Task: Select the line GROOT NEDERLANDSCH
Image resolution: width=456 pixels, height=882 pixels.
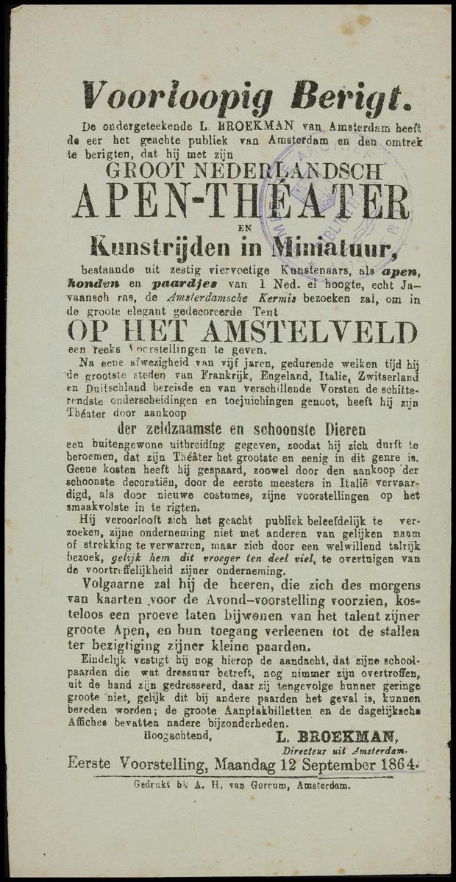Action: coord(243,171)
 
